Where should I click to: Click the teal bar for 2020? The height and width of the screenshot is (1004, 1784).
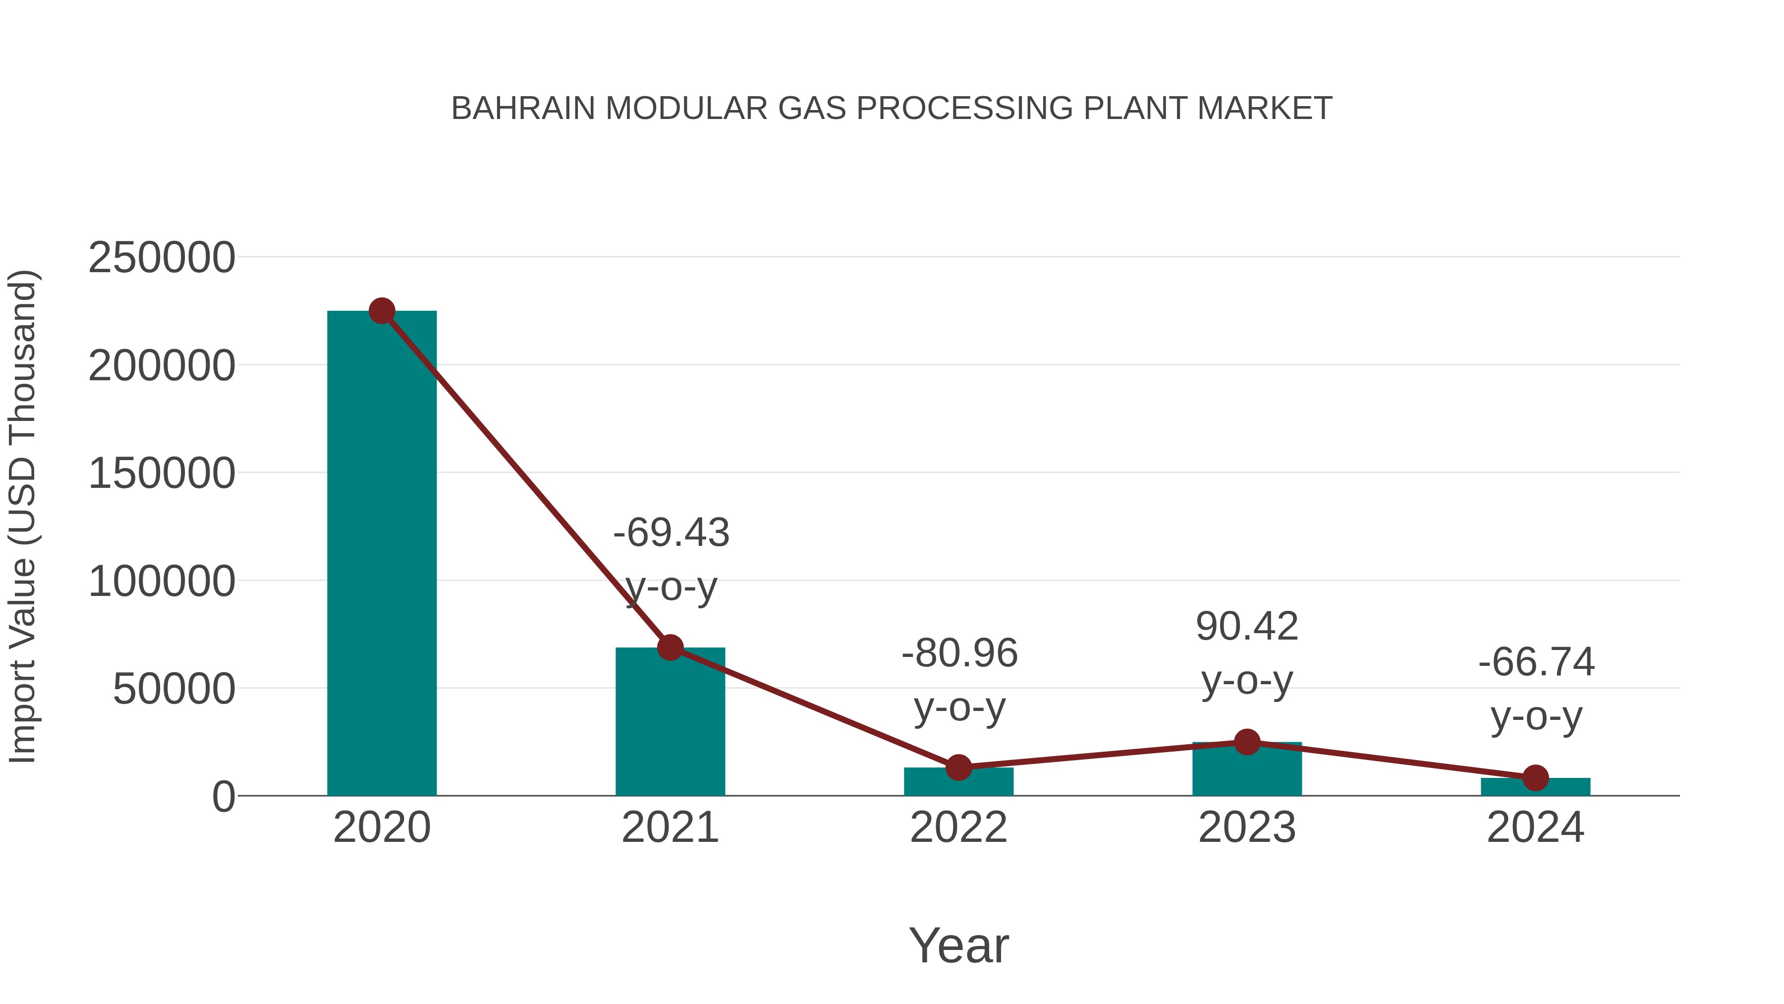tap(382, 554)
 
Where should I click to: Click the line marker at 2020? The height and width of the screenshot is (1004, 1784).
tap(382, 311)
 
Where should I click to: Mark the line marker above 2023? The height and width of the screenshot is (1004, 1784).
tap(1247, 742)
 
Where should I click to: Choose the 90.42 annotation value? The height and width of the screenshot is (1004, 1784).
tap(1247, 627)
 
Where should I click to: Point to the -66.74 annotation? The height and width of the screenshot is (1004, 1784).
tap(1536, 662)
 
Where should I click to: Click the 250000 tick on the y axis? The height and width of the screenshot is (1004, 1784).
tap(162, 258)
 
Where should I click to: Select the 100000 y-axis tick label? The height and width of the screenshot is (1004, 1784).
tap(162, 582)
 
